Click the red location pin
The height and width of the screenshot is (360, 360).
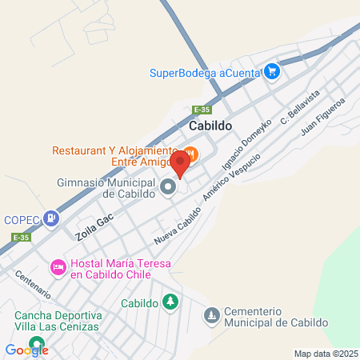point(180,165)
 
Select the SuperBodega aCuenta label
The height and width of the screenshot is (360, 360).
point(206,73)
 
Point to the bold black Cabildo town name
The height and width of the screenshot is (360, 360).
point(210,126)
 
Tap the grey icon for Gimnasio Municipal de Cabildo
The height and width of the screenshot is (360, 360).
point(168,187)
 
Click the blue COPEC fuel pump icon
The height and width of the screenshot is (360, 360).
point(51,218)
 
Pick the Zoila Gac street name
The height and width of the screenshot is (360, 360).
point(90,227)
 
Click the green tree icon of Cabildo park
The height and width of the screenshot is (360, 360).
point(170,302)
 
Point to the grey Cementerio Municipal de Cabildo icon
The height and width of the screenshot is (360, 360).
point(211,316)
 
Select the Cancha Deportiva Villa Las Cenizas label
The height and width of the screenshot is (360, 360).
point(56,320)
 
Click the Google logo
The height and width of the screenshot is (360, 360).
point(27,350)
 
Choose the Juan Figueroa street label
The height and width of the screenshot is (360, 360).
point(322,117)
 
